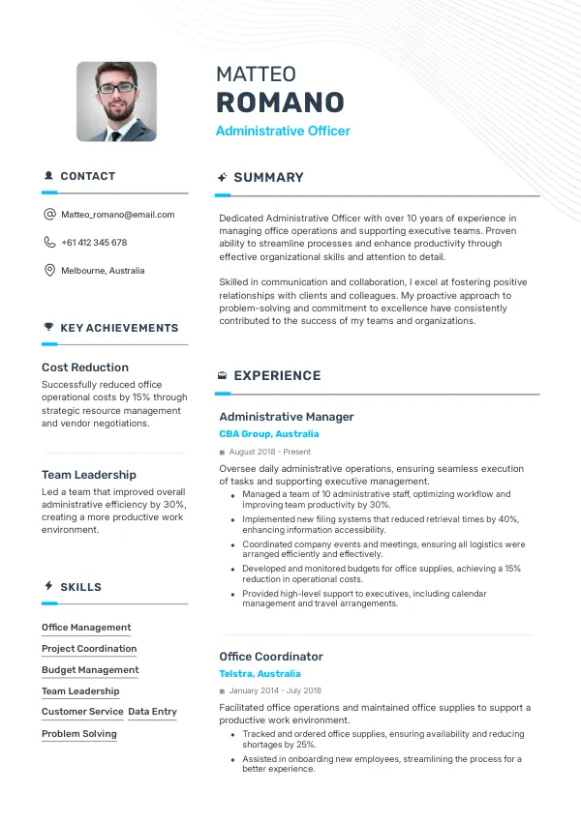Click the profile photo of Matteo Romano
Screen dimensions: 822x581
(116, 102)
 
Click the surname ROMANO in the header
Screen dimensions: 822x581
(280, 103)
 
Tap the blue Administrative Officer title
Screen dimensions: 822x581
(283, 132)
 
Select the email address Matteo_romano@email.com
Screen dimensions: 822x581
(117, 215)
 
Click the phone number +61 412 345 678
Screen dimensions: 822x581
(94, 243)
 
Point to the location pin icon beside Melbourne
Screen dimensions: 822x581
(49, 271)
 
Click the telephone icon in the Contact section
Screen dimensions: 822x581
(49, 243)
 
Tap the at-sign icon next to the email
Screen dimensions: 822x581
(49, 215)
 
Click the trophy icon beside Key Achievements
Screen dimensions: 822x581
(48, 328)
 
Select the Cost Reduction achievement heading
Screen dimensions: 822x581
(85, 367)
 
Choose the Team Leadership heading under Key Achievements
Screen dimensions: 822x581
(89, 475)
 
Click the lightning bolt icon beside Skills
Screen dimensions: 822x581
(48, 587)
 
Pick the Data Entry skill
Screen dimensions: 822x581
(152, 712)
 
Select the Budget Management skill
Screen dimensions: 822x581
(90, 669)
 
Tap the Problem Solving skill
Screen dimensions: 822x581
(79, 733)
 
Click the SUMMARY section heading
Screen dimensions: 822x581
(268, 178)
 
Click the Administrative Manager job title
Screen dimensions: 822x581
(287, 417)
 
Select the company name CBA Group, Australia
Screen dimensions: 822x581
(269, 434)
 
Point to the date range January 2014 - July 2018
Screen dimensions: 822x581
(276, 690)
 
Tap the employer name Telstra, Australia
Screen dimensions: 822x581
(260, 674)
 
